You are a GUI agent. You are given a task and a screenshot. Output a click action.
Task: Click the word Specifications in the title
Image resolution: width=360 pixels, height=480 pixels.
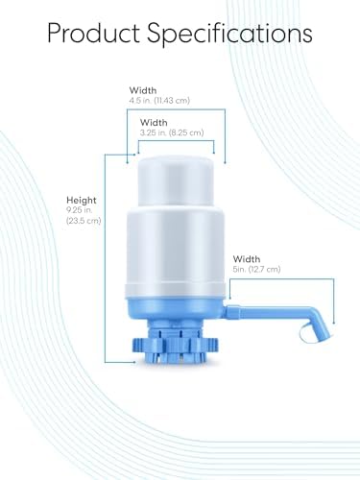231,34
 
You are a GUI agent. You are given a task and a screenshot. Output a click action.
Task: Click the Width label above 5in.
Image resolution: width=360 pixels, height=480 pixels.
247,258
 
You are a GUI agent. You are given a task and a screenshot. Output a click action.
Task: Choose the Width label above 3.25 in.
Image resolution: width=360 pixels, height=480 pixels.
154,123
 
